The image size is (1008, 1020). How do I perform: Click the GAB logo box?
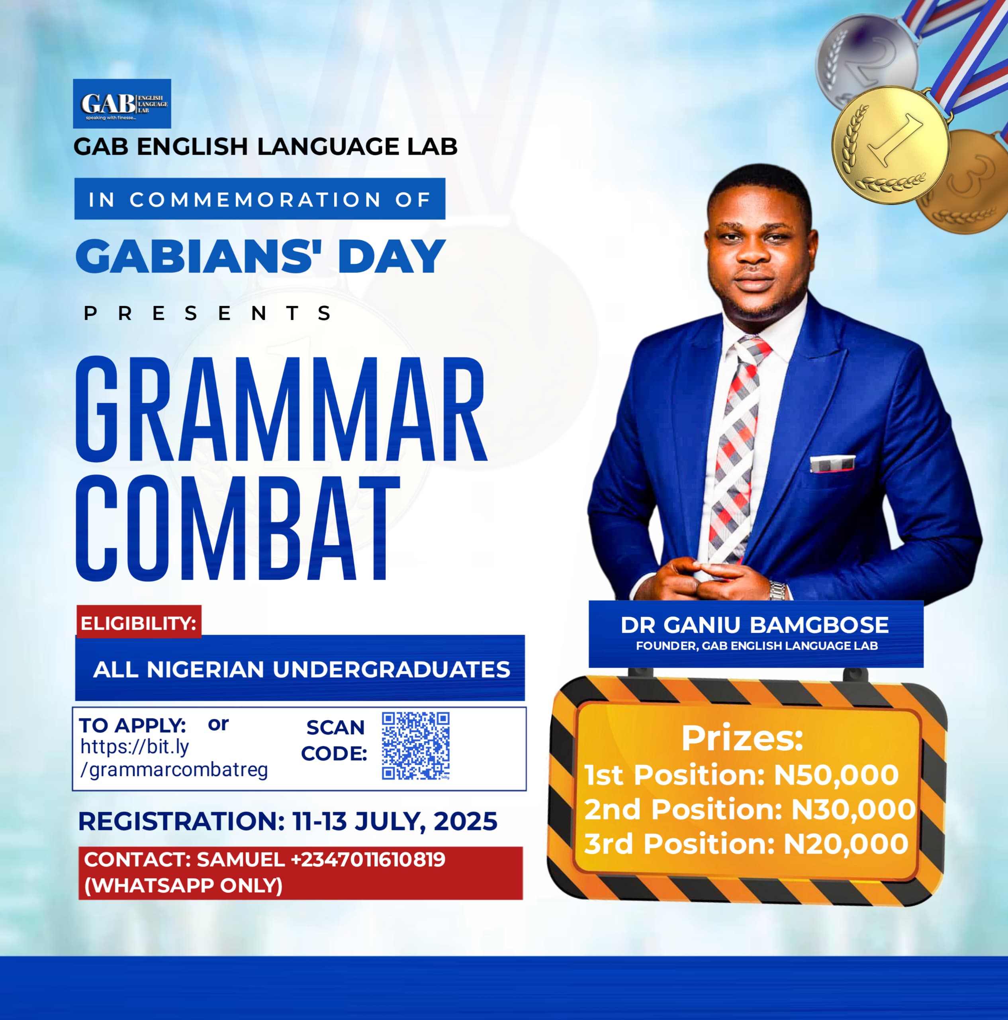coord(122,104)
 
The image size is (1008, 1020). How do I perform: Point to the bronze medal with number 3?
coord(963,182)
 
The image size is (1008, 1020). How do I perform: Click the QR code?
coord(416,746)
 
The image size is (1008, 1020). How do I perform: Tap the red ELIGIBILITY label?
coord(139,623)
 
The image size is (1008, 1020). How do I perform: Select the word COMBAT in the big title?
coord(237,528)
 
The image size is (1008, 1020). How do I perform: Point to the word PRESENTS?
coord(208,314)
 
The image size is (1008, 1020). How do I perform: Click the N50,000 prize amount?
coord(836,775)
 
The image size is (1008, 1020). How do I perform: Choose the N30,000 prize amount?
coord(853,809)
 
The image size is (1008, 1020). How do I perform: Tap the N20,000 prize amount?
coord(846,843)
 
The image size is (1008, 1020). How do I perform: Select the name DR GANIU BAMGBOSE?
coord(755,625)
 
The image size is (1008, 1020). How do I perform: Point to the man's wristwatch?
coord(777,590)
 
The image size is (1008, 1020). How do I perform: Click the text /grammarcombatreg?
coord(174,770)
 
